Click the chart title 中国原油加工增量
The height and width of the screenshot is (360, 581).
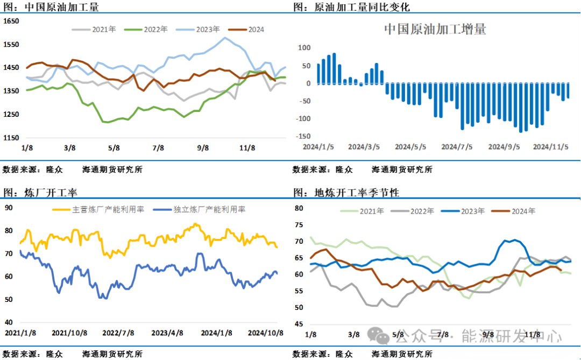pos(435,29)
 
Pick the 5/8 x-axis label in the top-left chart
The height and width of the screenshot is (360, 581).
pos(114,147)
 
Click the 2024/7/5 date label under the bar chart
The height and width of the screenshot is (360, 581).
pos(457,146)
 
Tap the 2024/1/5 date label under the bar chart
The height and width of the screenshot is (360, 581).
pos(318,146)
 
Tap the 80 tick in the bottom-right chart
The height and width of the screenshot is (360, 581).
pos(300,208)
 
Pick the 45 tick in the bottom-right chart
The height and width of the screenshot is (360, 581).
pos(300,324)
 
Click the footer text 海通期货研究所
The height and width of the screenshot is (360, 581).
pos(402,354)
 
